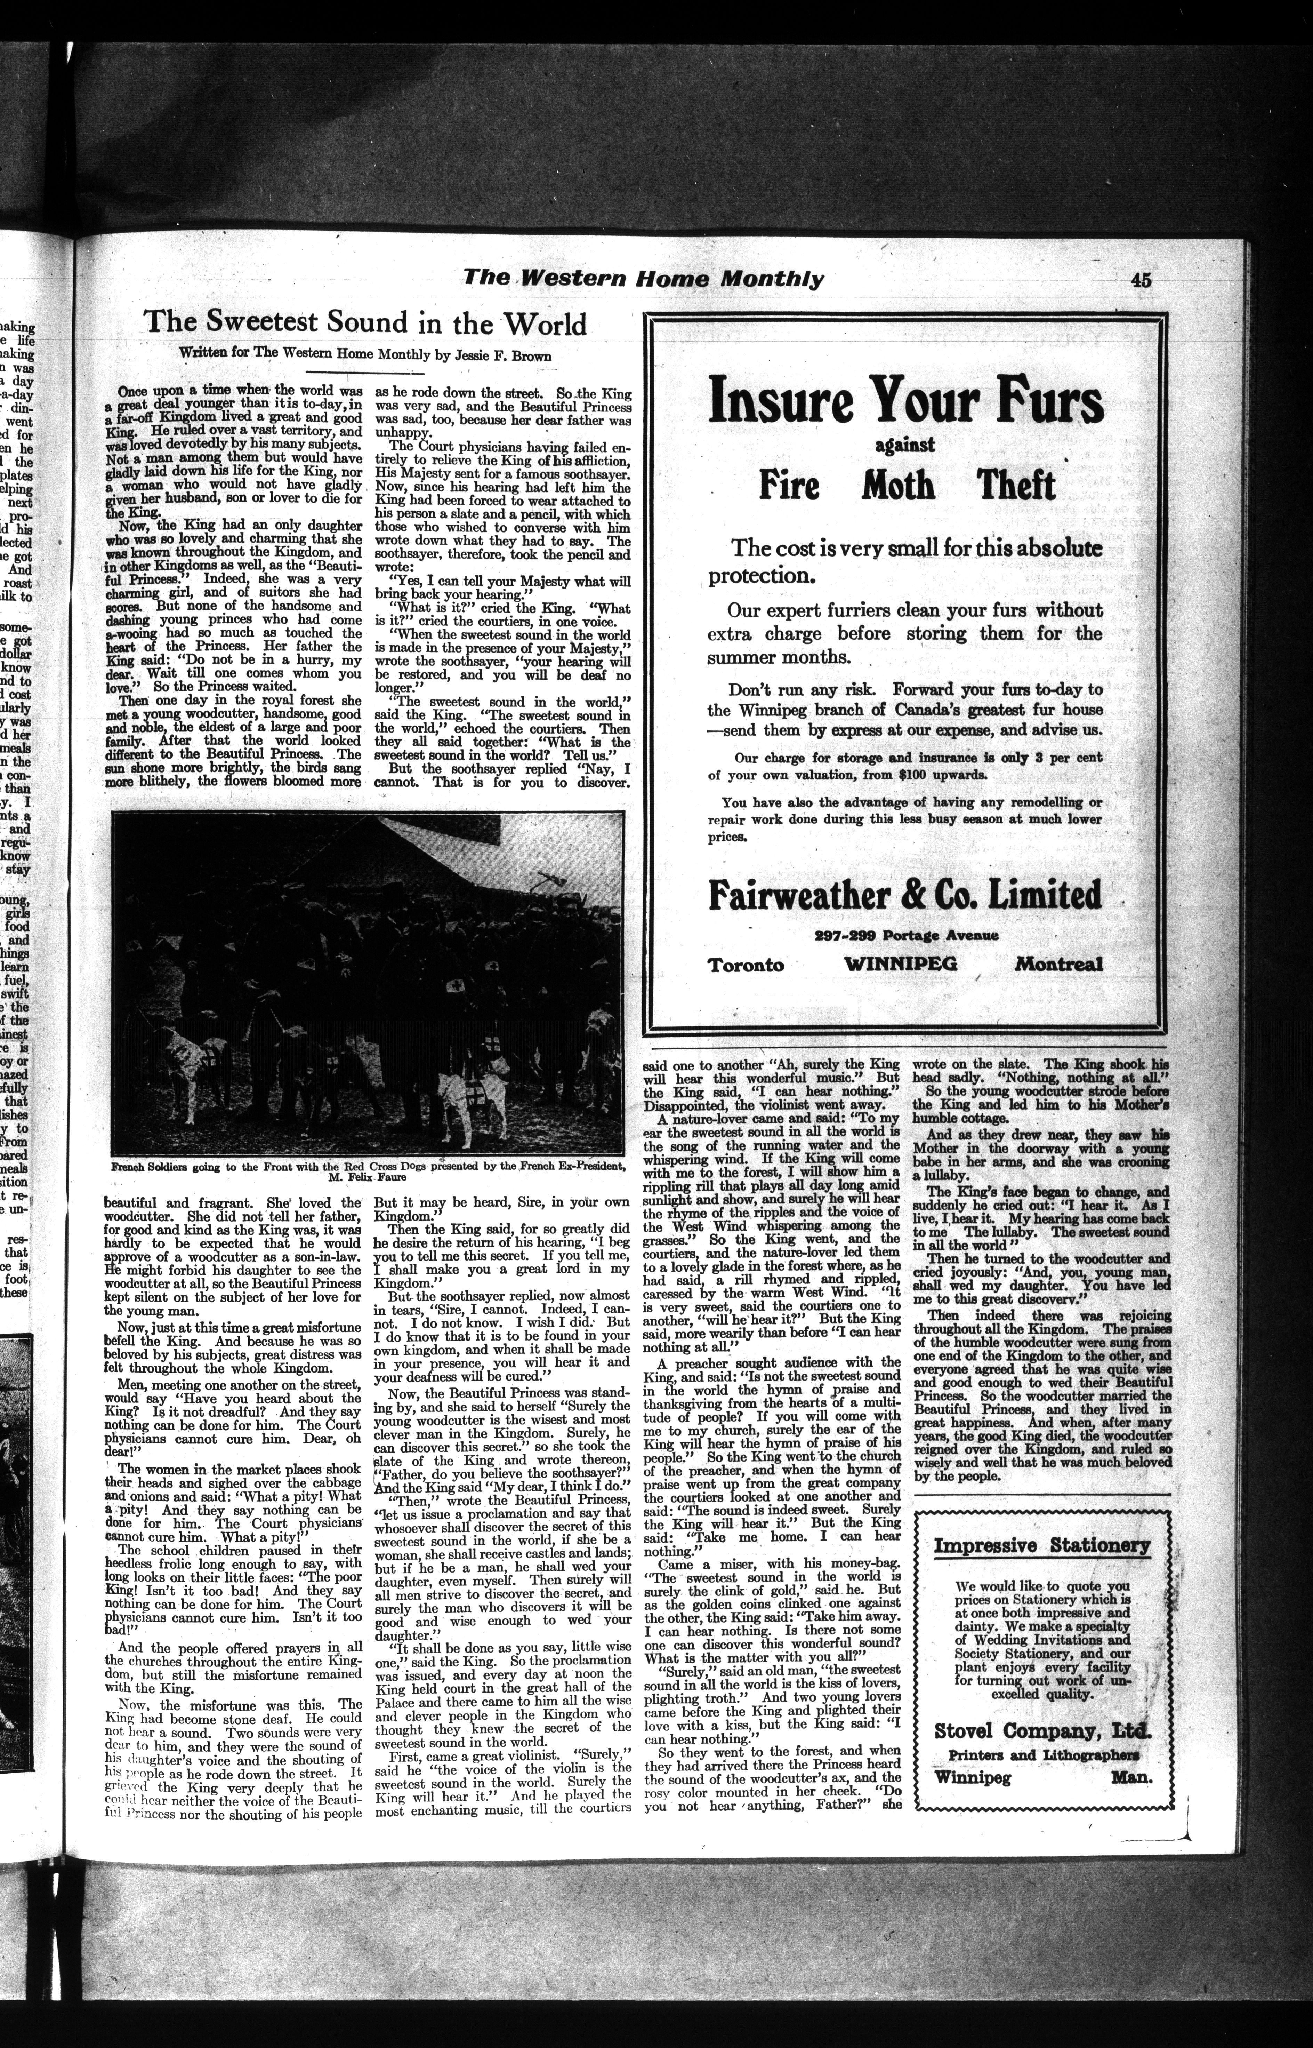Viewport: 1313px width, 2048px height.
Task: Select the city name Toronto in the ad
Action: pyautogui.click(x=746, y=964)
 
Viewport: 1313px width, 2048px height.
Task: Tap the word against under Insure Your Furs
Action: pyautogui.click(x=905, y=445)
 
